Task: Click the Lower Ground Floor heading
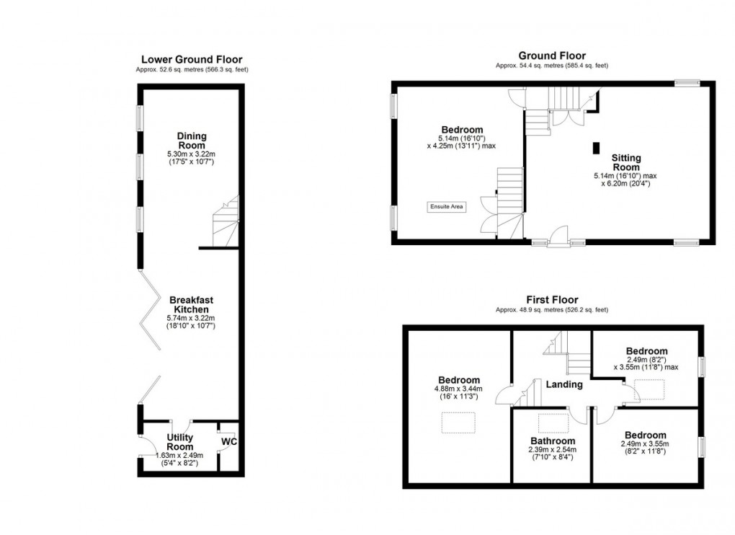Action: (192, 59)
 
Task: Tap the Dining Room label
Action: (192, 141)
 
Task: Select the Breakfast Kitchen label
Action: (191, 304)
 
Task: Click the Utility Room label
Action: (179, 442)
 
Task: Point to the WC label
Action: (228, 440)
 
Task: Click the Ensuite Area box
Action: (447, 207)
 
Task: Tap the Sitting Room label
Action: (626, 162)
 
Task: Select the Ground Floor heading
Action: (552, 56)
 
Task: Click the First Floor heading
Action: (552, 300)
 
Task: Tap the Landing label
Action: (563, 384)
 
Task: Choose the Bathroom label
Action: (553, 441)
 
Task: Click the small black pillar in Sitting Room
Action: (595, 148)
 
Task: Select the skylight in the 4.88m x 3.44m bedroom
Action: (458, 422)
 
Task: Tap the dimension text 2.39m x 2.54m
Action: (553, 450)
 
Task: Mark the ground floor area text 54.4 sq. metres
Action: (552, 66)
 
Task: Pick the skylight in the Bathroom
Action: (553, 424)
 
